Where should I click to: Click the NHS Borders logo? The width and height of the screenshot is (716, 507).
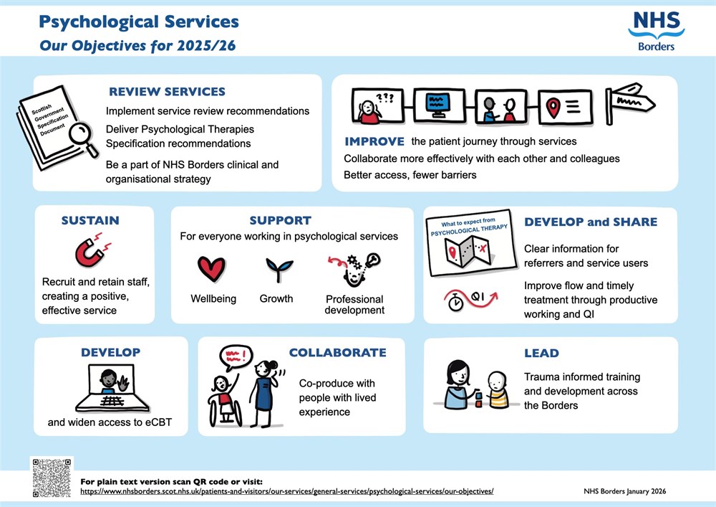pyautogui.click(x=656, y=30)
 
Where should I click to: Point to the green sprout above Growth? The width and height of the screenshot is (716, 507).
pyautogui.click(x=276, y=268)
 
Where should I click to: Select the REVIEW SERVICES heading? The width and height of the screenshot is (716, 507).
pyautogui.click(x=167, y=92)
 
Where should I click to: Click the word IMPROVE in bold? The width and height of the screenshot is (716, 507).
pyautogui.click(x=374, y=141)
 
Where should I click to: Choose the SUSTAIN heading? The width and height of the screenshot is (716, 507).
pyautogui.click(x=89, y=220)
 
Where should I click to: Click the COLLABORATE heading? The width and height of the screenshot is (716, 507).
pyautogui.click(x=337, y=353)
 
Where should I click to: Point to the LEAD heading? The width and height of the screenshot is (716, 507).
pyautogui.click(x=541, y=353)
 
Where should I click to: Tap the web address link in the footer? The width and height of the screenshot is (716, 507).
pyautogui.click(x=286, y=492)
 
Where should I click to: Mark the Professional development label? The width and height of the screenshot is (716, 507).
pyautogui.click(x=354, y=304)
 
